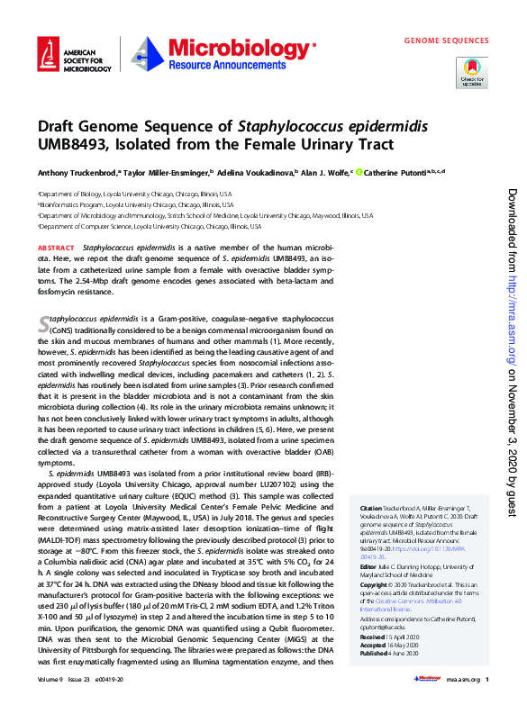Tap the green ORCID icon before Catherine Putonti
[359, 172]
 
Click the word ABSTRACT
[56, 247]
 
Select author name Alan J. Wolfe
[323, 172]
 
